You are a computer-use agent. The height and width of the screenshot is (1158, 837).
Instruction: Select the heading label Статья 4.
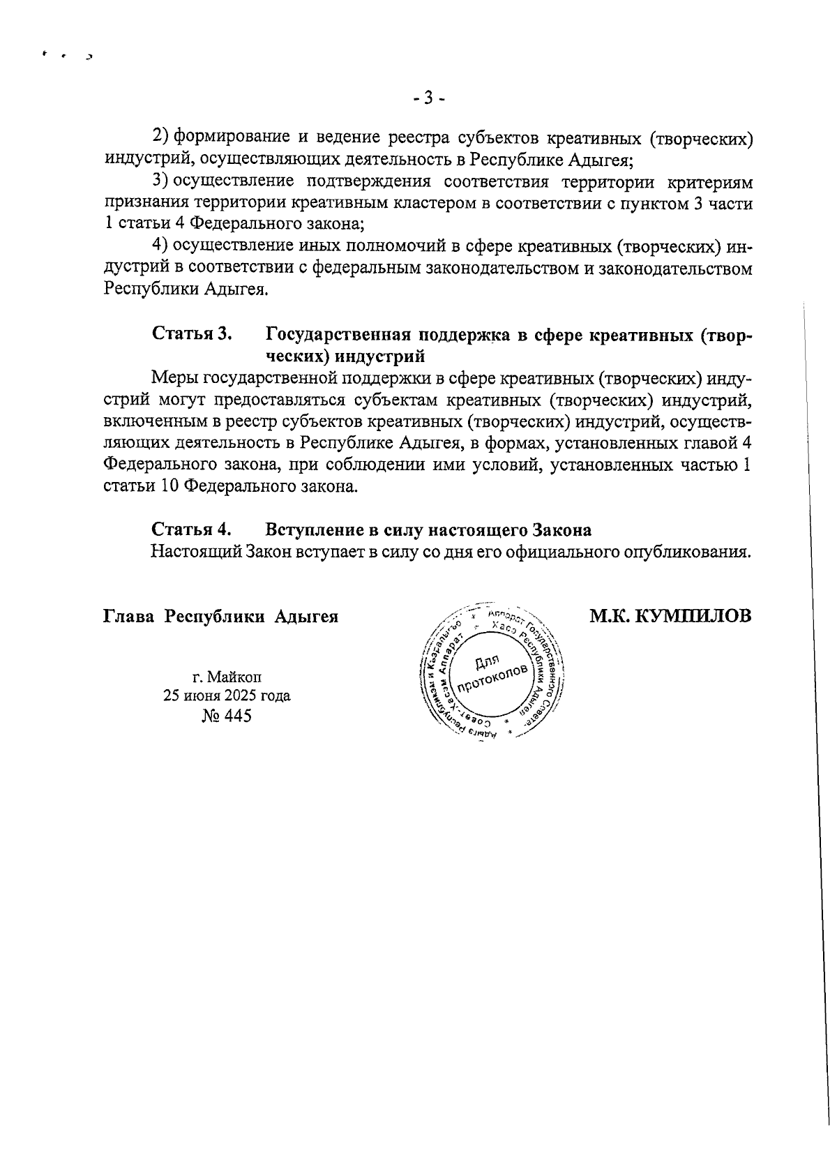pos(192,529)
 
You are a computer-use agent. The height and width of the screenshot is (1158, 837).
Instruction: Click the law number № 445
pos(226,716)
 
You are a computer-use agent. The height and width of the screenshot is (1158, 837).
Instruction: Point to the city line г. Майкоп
pos(227,676)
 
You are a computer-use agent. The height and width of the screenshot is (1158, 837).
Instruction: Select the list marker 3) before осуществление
pos(161,183)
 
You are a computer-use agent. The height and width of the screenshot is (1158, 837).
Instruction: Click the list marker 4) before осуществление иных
pos(161,246)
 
